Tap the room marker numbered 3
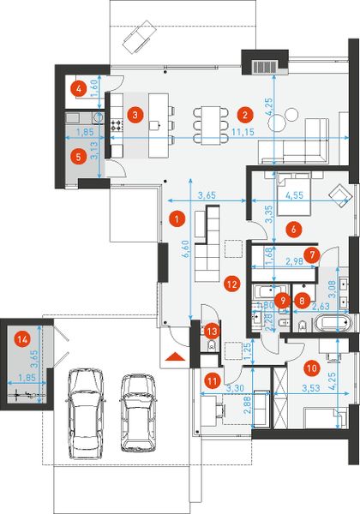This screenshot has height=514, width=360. [133, 112]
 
